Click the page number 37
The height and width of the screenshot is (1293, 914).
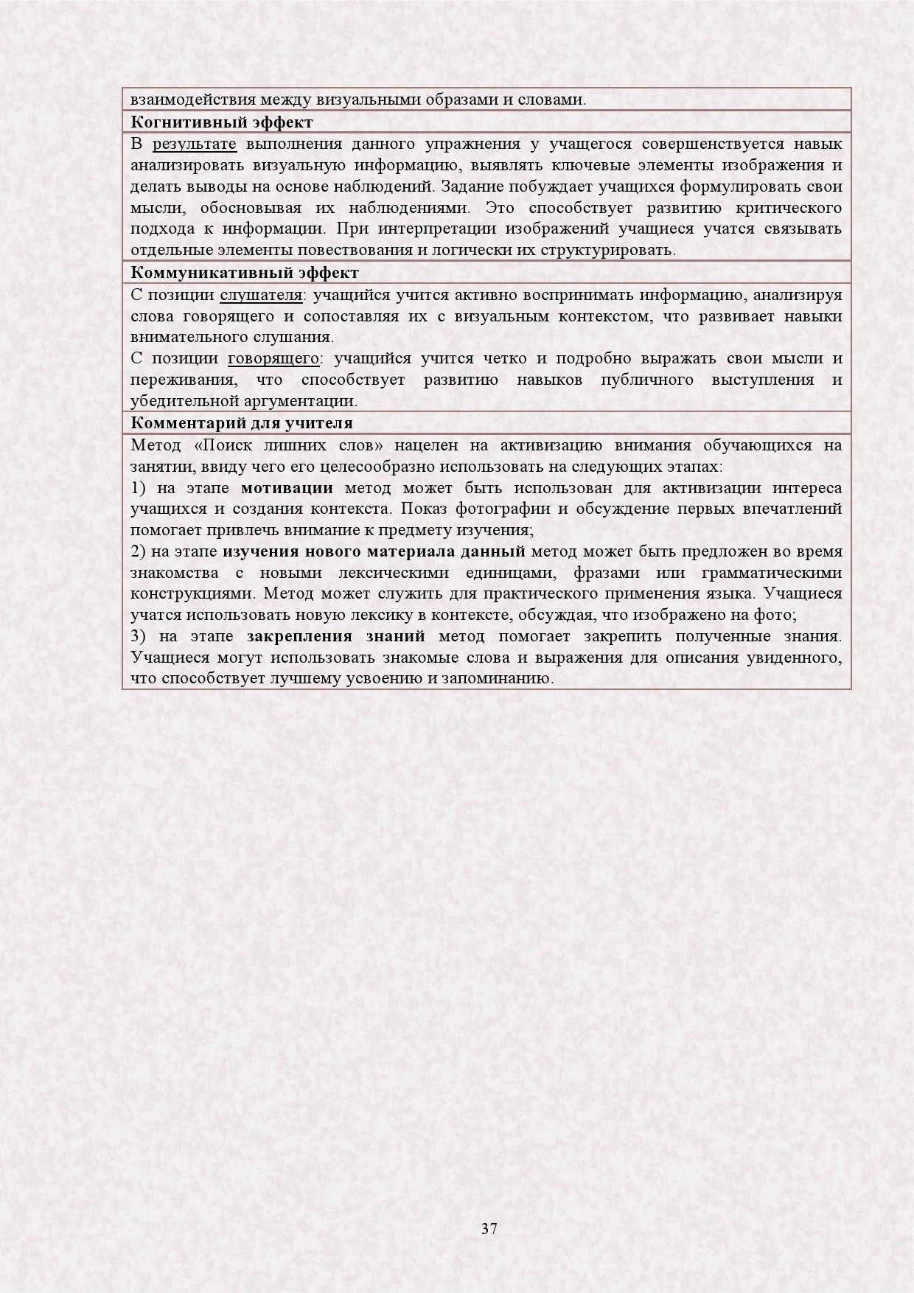[x=489, y=1229]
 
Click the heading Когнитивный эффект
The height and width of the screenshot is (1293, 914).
[x=222, y=122]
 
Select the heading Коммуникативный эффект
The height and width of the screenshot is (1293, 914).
[x=245, y=273]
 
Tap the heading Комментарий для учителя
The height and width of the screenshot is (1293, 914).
[x=242, y=423]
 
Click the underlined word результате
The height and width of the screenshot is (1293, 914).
[x=195, y=144]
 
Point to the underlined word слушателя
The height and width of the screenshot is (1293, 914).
[x=261, y=295]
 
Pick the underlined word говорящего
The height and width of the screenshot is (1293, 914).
[x=273, y=359]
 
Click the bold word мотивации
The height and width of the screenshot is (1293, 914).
[x=287, y=488]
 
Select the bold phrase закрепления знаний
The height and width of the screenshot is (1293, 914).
[x=336, y=636]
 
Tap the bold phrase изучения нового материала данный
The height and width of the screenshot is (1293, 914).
[x=374, y=551]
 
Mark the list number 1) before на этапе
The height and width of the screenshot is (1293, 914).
[x=139, y=488]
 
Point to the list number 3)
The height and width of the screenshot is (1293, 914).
[x=139, y=636]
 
